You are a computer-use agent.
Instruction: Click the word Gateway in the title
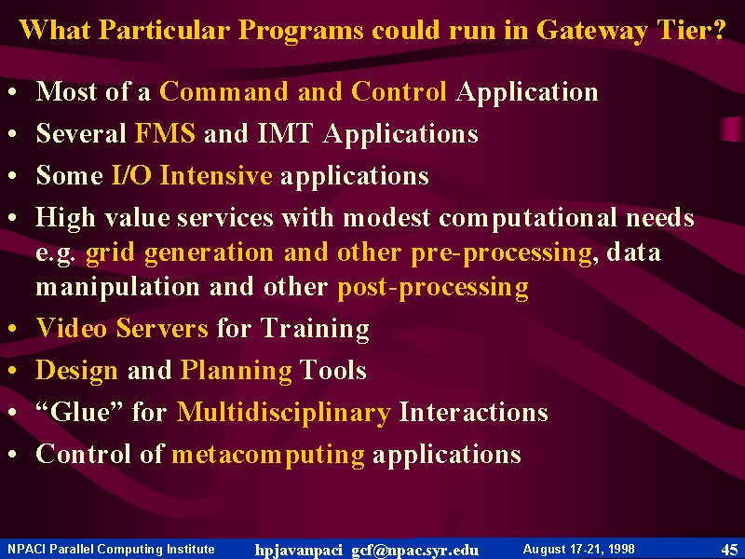[591, 31]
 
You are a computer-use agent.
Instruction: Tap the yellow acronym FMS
[165, 132]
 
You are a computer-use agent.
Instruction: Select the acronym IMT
[285, 132]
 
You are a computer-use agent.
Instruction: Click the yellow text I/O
[131, 174]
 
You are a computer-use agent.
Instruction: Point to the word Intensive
[216, 174]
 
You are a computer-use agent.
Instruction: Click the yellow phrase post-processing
[432, 288]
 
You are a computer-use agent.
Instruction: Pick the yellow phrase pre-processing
[501, 252]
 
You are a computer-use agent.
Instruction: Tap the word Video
[72, 328]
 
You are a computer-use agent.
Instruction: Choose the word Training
[315, 329]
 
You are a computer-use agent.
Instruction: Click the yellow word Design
[76, 371]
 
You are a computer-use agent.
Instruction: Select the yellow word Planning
[237, 371]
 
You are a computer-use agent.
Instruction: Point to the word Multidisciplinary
[284, 413]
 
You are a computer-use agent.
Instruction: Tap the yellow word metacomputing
[268, 455]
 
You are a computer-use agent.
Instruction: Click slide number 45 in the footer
[729, 550]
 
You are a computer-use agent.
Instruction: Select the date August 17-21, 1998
[578, 550]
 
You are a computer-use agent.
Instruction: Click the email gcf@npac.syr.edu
[414, 550]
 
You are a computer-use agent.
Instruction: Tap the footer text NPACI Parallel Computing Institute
[111, 550]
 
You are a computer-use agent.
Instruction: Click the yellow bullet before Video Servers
[12, 329]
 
